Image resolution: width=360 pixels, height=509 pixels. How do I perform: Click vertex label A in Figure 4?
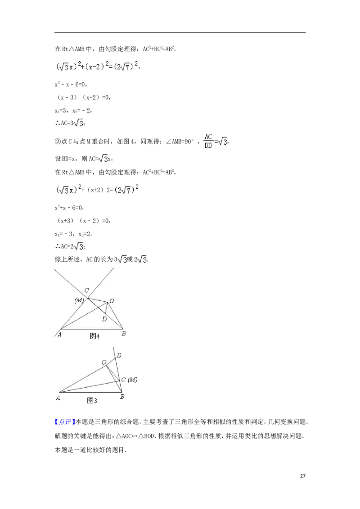(59, 334)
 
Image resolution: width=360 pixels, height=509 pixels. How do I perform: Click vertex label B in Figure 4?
(124, 334)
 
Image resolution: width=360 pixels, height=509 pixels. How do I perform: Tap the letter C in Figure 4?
(86, 290)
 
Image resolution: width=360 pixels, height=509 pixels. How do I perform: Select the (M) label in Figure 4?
(79, 300)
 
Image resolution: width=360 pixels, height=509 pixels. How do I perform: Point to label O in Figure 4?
(111, 300)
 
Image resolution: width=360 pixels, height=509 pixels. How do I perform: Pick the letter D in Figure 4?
(104, 319)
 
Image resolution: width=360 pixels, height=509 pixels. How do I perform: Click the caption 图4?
(94, 335)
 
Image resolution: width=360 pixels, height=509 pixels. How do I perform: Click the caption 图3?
(92, 400)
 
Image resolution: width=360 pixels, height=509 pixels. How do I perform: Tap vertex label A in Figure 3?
(58, 397)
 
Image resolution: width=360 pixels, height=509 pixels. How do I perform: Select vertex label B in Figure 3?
(122, 397)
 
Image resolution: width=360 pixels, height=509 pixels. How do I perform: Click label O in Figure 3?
(104, 362)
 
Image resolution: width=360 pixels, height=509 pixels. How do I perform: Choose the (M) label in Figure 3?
(132, 380)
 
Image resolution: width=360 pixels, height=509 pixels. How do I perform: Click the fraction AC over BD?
(208, 140)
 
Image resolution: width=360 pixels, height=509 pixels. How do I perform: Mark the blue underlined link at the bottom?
(64, 422)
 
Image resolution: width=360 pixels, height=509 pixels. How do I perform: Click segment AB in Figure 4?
(90, 329)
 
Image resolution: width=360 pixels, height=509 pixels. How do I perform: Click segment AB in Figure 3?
(90, 392)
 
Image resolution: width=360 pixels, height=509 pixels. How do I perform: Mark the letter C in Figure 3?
(123, 380)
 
